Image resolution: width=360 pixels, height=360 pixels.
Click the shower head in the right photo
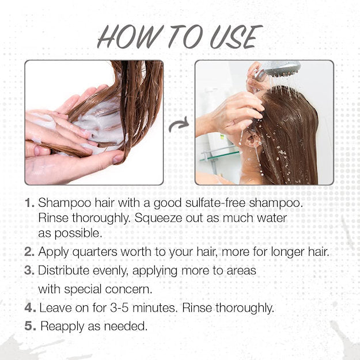click(282, 69)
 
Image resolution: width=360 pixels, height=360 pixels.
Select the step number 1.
click(29, 203)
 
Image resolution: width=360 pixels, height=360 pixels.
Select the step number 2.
click(29, 252)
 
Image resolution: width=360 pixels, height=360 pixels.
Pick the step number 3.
click(29, 270)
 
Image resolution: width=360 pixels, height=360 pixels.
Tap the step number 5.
click(30, 326)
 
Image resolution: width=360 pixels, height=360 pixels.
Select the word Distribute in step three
click(65, 270)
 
